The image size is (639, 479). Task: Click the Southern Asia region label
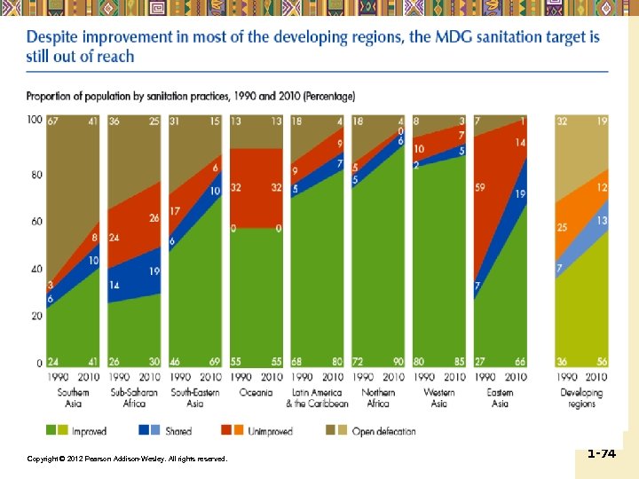click(74, 397)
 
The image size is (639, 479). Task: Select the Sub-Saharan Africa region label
click(134, 397)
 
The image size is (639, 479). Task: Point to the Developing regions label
click(581, 397)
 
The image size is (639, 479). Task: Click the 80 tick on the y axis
click(36, 176)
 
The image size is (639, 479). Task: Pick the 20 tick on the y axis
click(36, 316)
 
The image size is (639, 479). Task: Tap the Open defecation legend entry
click(384, 432)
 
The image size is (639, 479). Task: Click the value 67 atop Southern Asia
click(53, 121)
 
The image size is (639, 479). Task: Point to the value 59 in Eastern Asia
click(481, 188)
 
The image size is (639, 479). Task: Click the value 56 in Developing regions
click(602, 362)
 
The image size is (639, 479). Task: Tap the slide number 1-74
click(601, 453)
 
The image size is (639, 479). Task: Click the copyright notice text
click(127, 459)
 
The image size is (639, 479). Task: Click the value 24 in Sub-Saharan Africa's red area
click(114, 238)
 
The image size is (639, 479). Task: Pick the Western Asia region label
click(440, 397)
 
